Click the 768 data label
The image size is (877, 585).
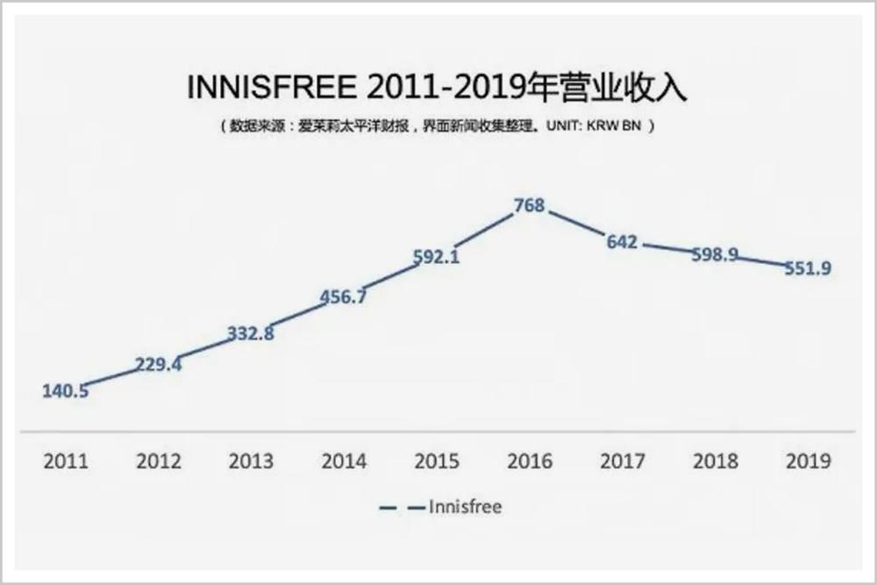coord(530,206)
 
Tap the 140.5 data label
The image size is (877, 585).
coord(66,391)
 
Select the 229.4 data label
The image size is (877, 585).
coord(159,364)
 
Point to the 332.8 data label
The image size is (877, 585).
coord(251,334)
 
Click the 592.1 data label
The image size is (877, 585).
coord(437,257)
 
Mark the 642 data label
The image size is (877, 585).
coord(622,242)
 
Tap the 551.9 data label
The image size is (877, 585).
coord(807,268)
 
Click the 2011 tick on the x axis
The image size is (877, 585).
coord(66,461)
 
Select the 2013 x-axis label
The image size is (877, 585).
coord(251,461)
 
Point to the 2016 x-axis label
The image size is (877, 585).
coord(530,461)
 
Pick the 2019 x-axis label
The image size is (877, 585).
coord(807,461)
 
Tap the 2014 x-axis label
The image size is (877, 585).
coord(344,461)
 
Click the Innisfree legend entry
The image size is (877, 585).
coord(465,507)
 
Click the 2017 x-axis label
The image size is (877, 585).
coord(622,461)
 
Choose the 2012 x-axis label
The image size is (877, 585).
coord(159,461)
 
